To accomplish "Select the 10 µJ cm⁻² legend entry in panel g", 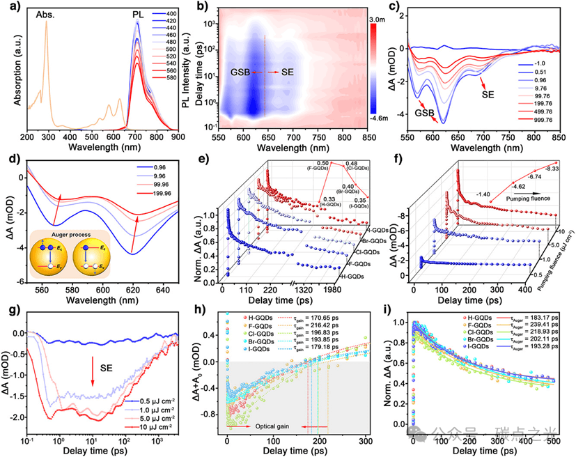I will point(162,424).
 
